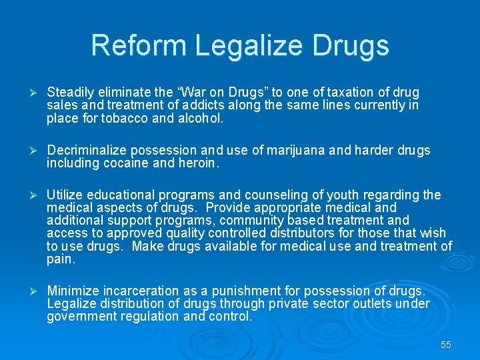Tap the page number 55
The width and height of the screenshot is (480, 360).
pyautogui.click(x=446, y=345)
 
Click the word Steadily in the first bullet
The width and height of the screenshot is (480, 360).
pyautogui.click(x=70, y=93)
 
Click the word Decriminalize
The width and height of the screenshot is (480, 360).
pyautogui.click(x=89, y=151)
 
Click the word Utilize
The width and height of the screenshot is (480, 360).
pyautogui.click(x=65, y=195)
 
